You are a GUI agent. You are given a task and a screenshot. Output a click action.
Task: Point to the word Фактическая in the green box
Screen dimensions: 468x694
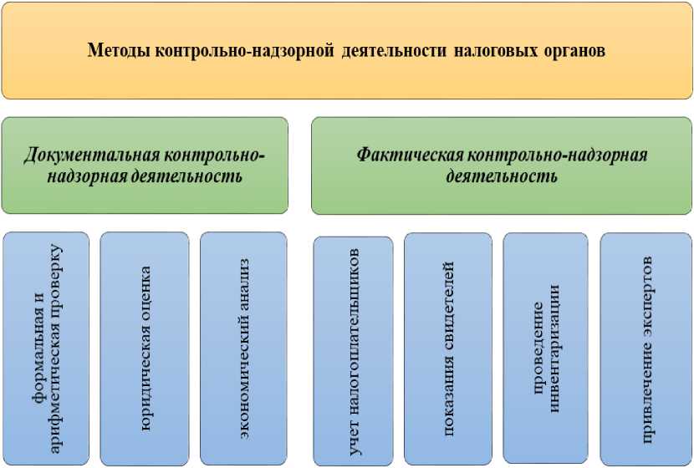(x=409, y=155)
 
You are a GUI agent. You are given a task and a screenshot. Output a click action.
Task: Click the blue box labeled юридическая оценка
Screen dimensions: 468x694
(x=145, y=348)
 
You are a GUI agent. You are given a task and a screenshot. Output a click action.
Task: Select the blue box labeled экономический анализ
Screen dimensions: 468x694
(x=244, y=348)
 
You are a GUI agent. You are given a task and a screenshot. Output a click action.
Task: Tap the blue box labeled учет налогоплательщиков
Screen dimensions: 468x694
(x=354, y=351)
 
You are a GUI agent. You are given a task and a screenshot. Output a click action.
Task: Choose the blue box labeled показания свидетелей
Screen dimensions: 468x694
(x=448, y=348)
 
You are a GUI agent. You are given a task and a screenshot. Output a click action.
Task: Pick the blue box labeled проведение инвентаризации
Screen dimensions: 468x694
(x=545, y=348)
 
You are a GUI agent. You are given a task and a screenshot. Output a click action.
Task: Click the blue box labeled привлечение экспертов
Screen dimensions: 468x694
(x=646, y=348)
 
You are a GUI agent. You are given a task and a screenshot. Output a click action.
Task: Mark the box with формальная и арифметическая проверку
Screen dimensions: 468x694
(x=46, y=348)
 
